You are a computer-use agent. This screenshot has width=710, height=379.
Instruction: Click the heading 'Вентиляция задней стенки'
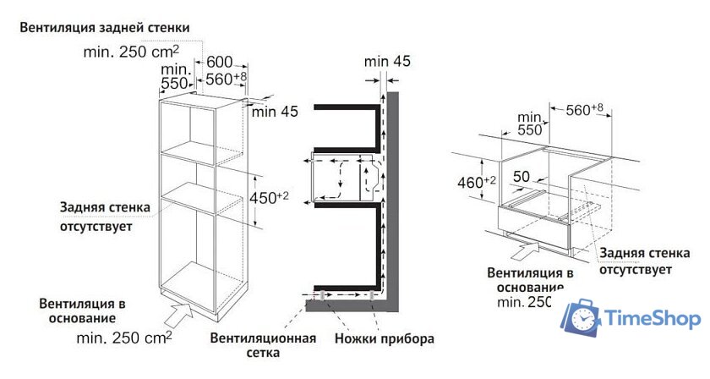click(x=105, y=28)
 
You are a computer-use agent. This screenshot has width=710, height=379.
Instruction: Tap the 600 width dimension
click(x=220, y=62)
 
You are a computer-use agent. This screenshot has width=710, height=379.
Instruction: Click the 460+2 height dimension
click(x=477, y=182)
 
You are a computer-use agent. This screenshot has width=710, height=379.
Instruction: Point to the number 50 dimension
click(x=522, y=176)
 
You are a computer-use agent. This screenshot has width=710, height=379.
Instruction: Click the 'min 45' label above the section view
click(x=388, y=61)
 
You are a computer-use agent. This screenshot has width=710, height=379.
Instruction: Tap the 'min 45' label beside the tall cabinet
click(x=275, y=111)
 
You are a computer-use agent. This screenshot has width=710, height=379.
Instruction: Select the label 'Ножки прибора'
click(x=385, y=338)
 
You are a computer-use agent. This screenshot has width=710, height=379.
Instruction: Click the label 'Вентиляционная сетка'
click(x=263, y=345)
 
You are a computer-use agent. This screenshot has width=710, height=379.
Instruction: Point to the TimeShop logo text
click(x=653, y=318)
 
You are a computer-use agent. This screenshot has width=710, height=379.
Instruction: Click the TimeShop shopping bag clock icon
click(x=582, y=317)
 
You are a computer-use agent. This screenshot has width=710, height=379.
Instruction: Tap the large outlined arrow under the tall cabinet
click(x=178, y=314)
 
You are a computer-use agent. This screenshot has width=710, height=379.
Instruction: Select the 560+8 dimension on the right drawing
click(x=585, y=109)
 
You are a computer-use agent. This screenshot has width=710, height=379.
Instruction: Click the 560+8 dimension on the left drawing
click(x=227, y=79)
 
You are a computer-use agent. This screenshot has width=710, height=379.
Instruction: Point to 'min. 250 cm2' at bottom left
click(x=124, y=338)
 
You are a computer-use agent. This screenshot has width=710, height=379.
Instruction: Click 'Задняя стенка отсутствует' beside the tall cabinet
click(x=105, y=217)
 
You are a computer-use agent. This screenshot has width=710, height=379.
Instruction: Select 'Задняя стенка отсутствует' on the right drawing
click(x=644, y=261)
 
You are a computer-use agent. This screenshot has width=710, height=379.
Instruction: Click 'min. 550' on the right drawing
click(x=530, y=124)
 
